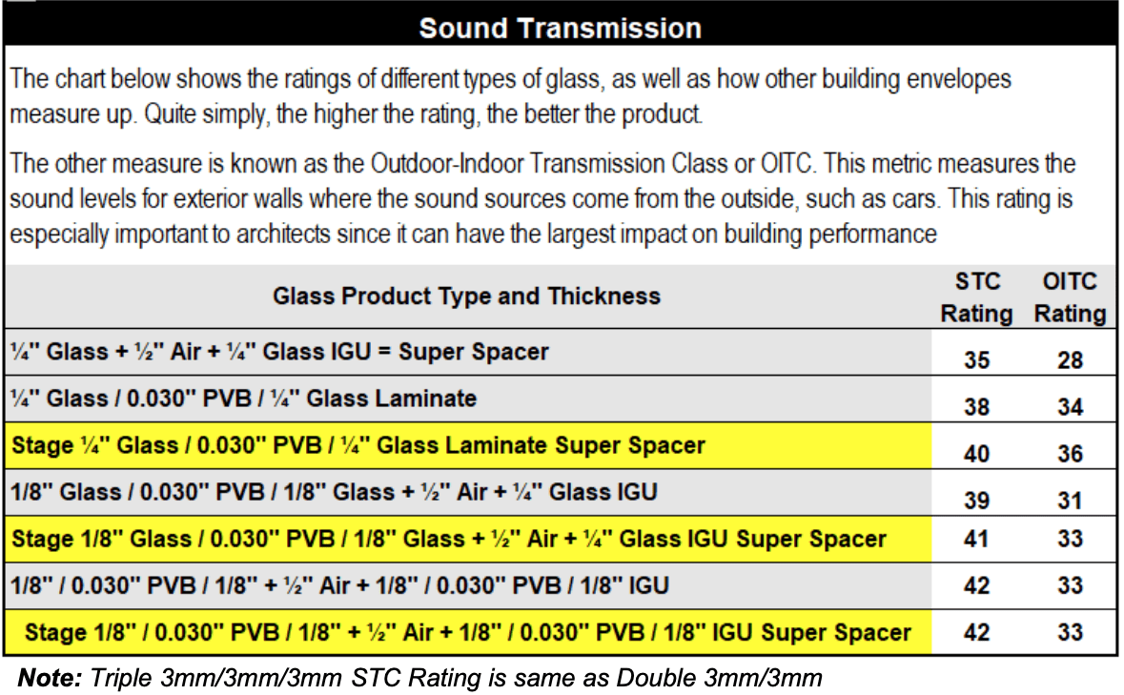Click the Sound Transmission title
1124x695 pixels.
[560, 29]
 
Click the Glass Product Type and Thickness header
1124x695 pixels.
[466, 296]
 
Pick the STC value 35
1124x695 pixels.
[976, 359]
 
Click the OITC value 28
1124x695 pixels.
[1070, 359]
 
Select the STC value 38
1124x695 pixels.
[976, 407]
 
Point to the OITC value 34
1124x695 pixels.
[1070, 407]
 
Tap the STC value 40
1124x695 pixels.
[976, 454]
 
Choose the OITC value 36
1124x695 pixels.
[1070, 454]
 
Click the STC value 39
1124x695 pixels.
[976, 501]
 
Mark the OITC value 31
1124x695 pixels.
[1070, 501]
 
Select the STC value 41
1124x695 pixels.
[976, 539]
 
